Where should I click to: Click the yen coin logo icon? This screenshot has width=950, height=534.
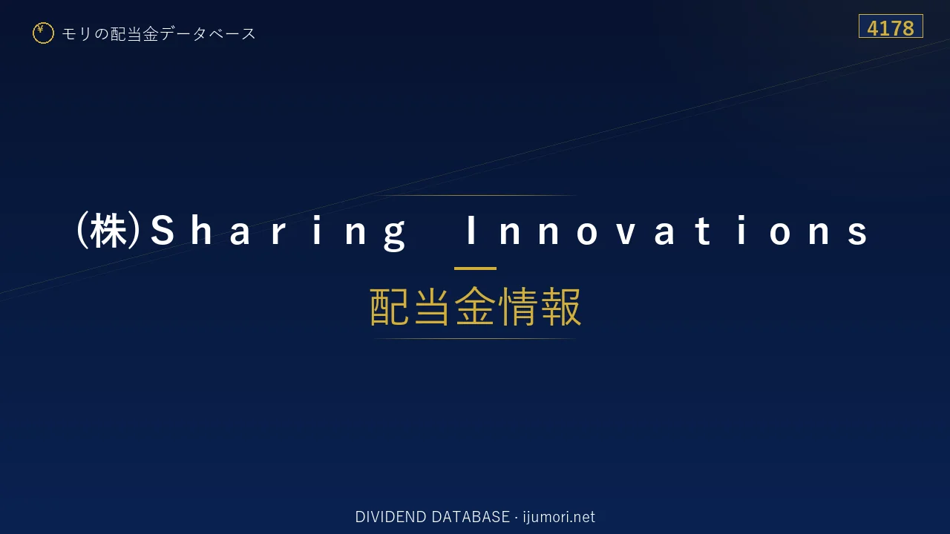tap(43, 33)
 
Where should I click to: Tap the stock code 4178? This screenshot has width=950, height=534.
tap(891, 28)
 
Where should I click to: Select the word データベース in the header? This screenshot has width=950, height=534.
tap(208, 34)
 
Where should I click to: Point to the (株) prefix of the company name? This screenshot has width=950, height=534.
tap(108, 231)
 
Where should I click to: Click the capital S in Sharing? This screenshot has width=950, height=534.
tap(163, 231)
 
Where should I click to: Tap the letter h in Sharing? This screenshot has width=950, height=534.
tap(201, 230)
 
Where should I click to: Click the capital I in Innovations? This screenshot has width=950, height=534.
tap(471, 230)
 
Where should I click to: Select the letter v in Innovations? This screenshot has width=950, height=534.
tap(626, 234)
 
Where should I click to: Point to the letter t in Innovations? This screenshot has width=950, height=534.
tap(703, 231)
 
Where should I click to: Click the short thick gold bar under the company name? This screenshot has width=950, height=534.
tap(475, 268)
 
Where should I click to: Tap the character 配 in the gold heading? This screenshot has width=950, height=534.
tap(390, 306)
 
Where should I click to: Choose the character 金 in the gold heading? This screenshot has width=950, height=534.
tap(475, 306)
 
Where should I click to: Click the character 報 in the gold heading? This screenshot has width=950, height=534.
tap(560, 306)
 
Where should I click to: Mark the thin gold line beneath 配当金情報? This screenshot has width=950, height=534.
tap(475, 339)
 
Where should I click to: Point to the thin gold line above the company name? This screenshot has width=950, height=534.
tap(475, 195)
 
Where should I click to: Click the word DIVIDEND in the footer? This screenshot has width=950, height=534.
tap(390, 517)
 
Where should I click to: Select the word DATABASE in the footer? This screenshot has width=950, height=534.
tap(471, 517)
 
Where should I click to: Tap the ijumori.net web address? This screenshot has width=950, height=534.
tap(559, 517)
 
